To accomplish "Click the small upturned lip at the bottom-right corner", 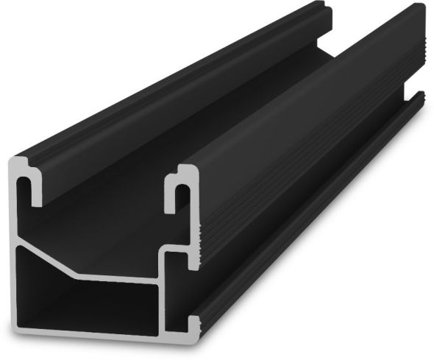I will click(193, 324).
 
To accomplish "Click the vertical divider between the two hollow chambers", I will click(160, 302).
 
